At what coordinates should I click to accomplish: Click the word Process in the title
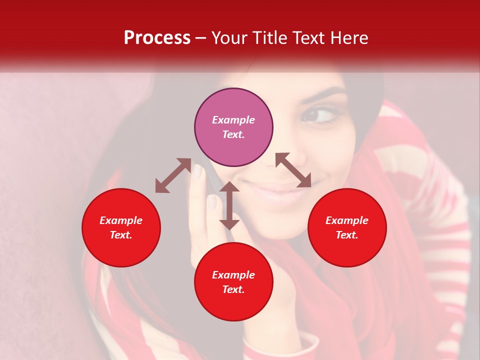157,38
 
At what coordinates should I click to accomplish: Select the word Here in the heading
350,38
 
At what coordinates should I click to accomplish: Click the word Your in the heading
229,38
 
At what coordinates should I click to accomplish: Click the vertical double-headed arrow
229,205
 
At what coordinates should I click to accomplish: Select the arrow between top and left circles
173,175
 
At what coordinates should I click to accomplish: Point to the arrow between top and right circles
293,170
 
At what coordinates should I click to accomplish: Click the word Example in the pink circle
233,120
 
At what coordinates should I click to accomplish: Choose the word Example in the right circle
347,220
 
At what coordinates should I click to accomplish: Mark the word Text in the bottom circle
232,289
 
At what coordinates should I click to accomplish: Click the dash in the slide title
201,38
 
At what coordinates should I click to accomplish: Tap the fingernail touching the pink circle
197,170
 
